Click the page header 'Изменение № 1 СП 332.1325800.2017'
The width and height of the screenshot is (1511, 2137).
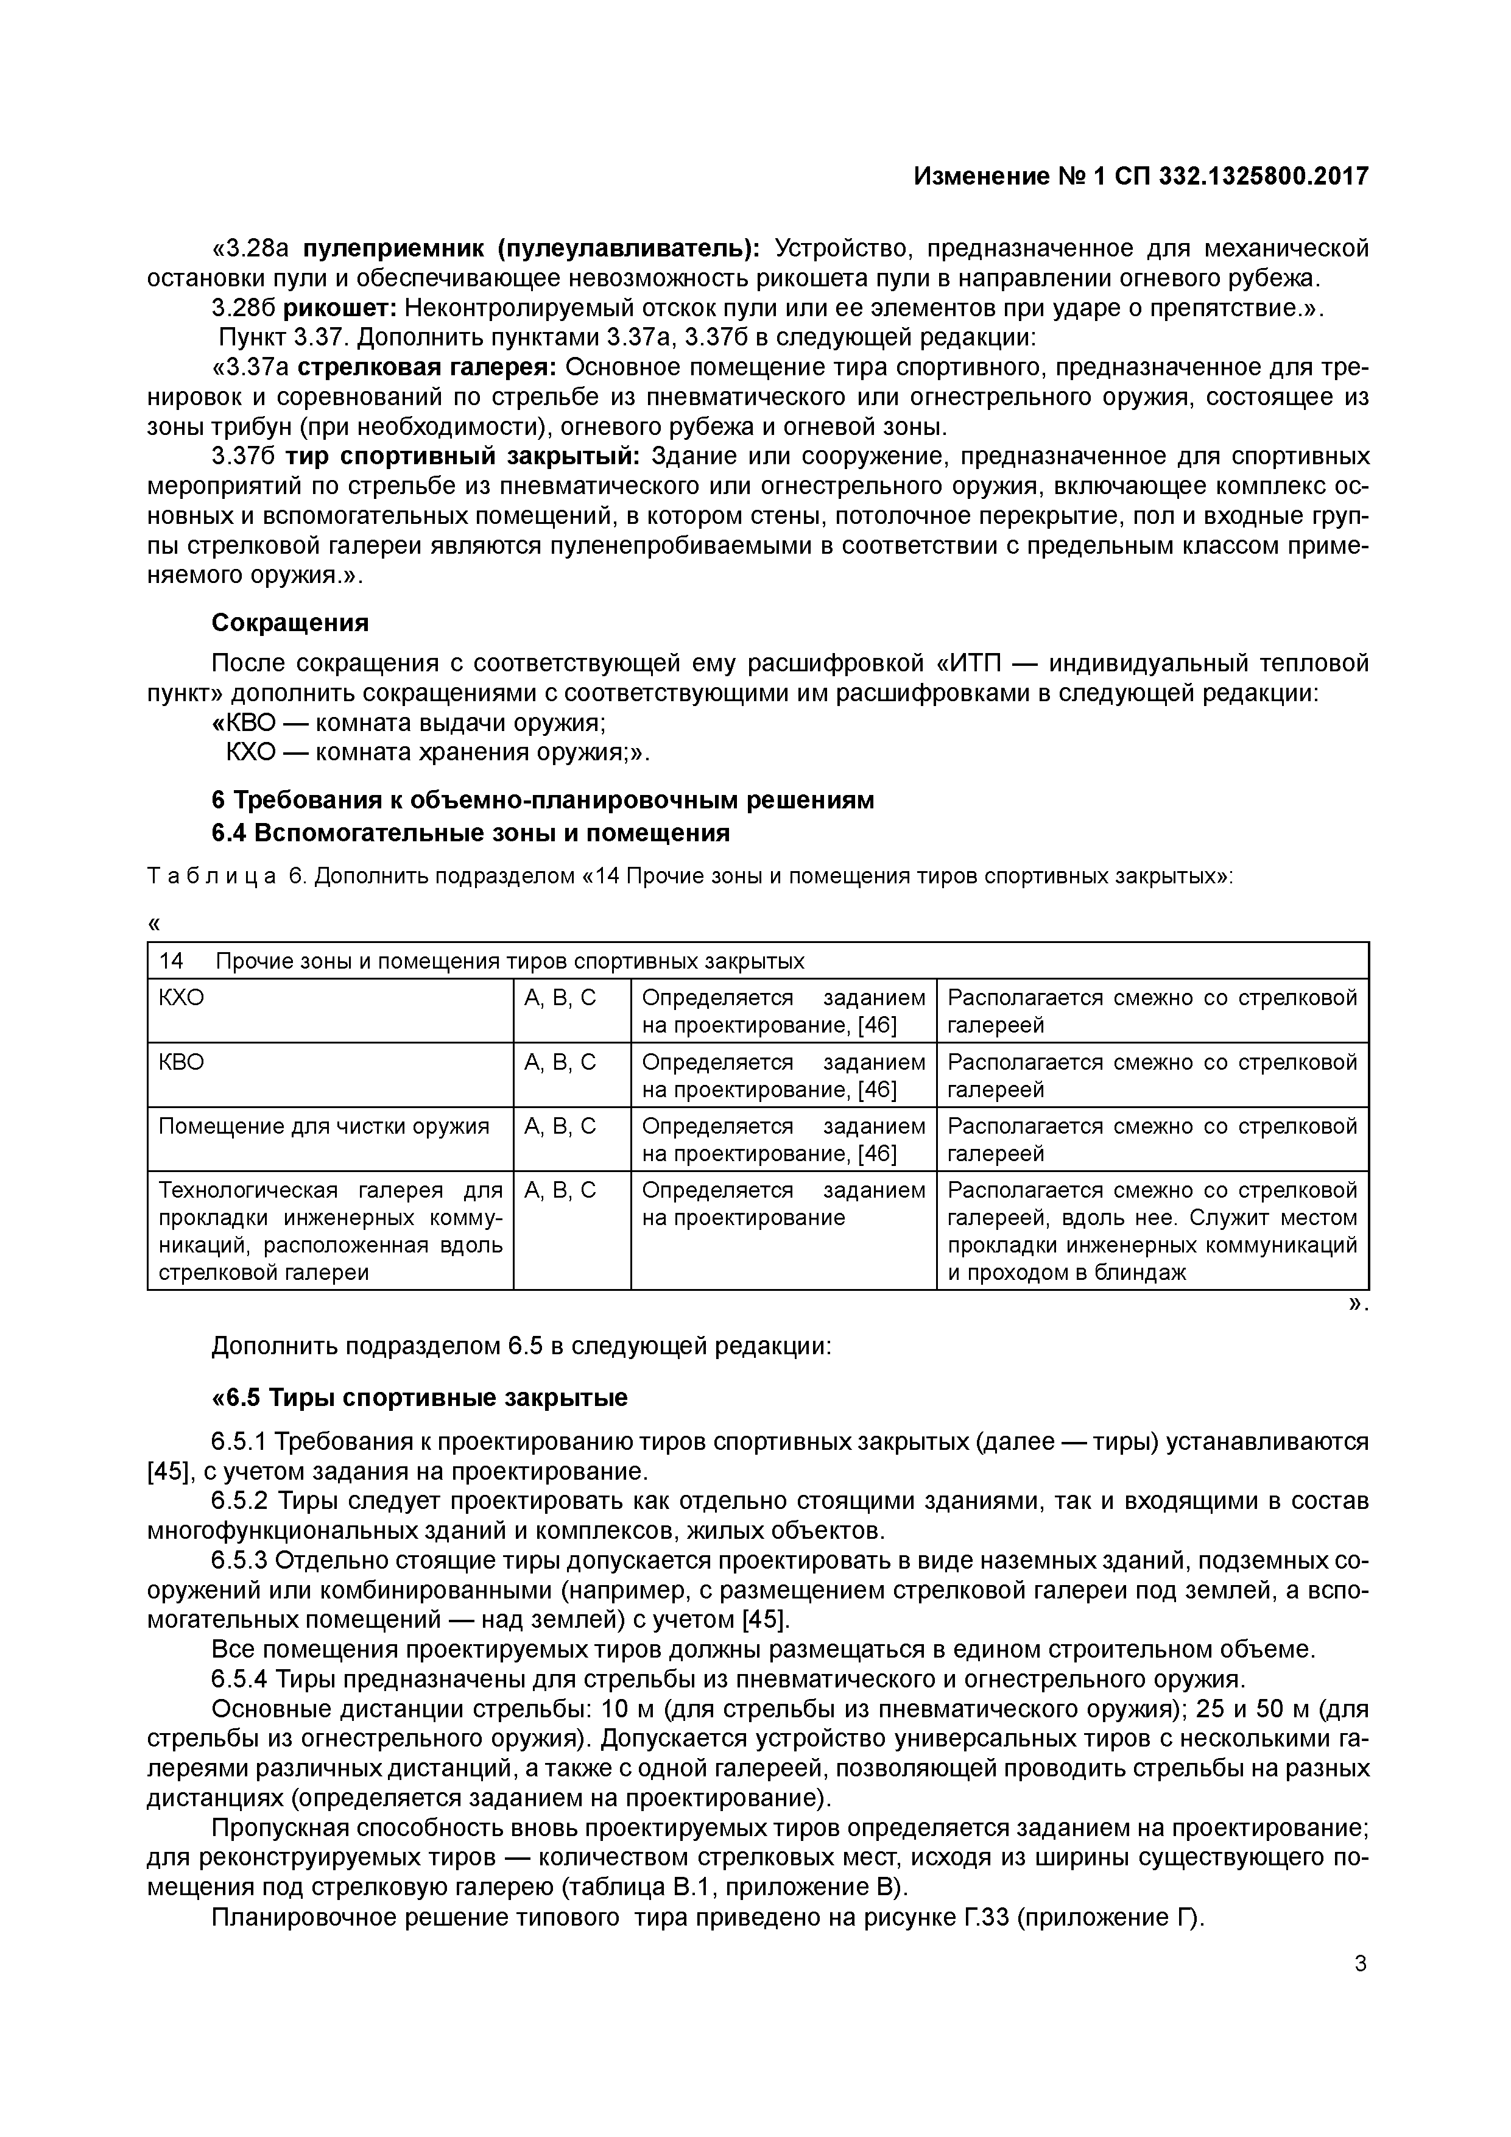point(1141,176)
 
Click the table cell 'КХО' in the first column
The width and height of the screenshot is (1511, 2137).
point(181,998)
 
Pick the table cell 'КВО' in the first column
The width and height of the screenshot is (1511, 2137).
point(181,1062)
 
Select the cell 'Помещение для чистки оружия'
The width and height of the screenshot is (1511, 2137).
point(324,1126)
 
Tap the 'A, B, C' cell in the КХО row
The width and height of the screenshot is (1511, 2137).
point(560,998)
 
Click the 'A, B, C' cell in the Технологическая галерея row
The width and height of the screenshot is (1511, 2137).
point(560,1190)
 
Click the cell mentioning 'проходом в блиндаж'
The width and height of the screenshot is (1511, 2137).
point(1152,1231)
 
